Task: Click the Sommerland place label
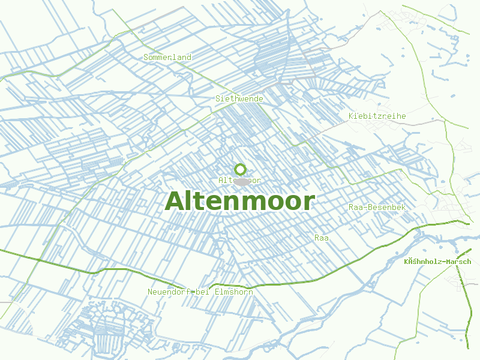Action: (x=167, y=58)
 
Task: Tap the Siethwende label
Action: (x=239, y=98)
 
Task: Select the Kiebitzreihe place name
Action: (x=377, y=116)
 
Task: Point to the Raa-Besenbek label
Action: (x=377, y=208)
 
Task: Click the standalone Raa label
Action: (x=322, y=238)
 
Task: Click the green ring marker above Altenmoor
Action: (x=240, y=169)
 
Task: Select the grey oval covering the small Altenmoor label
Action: (x=241, y=181)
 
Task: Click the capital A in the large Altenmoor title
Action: (x=175, y=202)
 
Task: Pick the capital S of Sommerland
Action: (x=146, y=58)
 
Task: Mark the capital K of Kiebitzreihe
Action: (x=351, y=116)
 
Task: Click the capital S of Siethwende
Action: (x=218, y=98)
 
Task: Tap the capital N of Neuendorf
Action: (x=150, y=292)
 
